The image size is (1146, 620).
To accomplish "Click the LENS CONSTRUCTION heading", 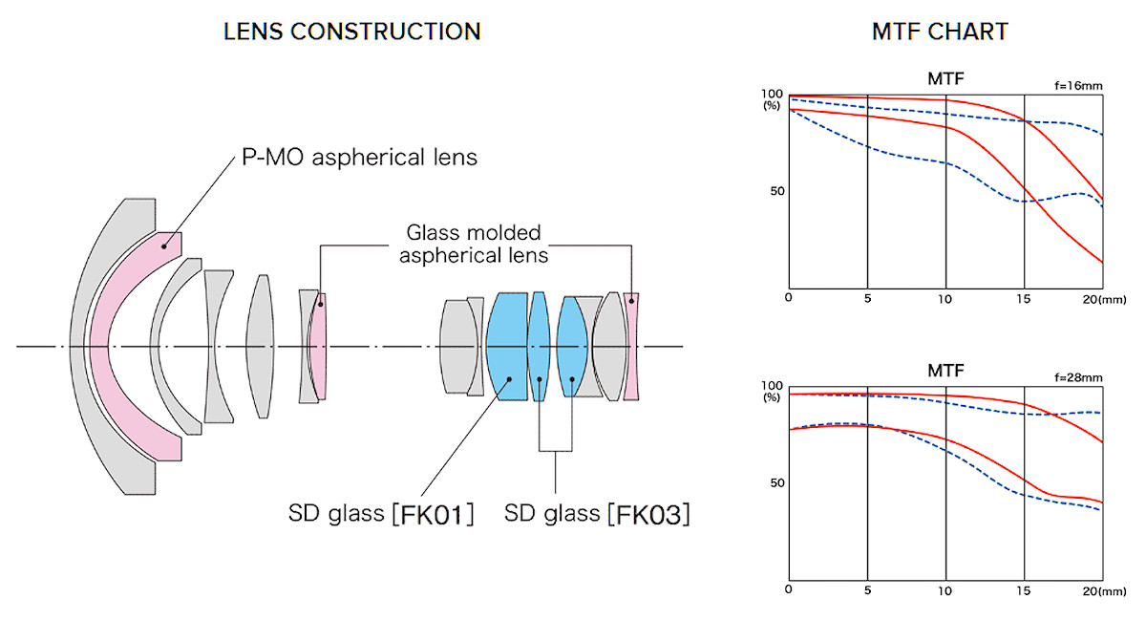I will [351, 32].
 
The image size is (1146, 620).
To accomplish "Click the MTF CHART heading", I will [940, 32].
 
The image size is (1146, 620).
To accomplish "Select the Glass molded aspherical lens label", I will [473, 244].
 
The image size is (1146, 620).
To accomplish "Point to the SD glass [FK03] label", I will [597, 515].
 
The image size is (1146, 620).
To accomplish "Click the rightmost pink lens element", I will [631, 346].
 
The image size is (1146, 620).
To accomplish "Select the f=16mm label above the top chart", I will [1078, 86].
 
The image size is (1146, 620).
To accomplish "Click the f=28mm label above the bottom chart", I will [1078, 378].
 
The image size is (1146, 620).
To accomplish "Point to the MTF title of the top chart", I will [945, 77].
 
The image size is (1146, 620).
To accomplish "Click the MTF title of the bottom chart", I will [945, 369].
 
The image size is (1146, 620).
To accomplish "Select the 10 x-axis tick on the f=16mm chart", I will [945, 298].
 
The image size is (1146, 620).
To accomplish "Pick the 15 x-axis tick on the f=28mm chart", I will [1024, 590].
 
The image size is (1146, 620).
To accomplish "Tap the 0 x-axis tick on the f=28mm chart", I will [789, 589].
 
